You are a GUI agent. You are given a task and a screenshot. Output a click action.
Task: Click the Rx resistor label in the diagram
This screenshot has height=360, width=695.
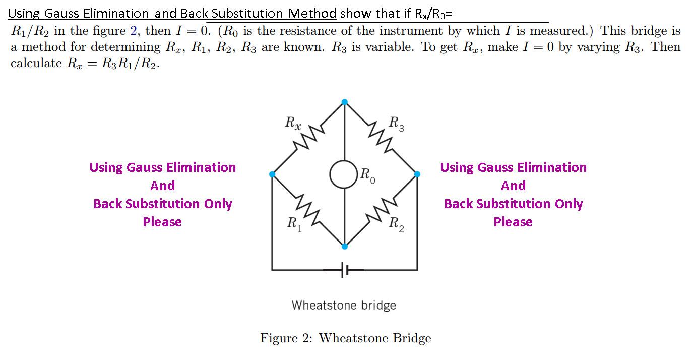click(x=293, y=123)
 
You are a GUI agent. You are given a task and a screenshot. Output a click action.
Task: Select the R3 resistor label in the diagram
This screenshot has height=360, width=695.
click(x=397, y=123)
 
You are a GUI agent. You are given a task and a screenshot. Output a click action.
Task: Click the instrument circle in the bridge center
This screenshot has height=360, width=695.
click(x=344, y=174)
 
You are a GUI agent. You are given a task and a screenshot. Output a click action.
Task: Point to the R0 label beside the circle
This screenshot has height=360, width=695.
click(x=368, y=176)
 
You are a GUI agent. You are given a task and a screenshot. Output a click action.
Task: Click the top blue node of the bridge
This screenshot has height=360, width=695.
click(x=344, y=102)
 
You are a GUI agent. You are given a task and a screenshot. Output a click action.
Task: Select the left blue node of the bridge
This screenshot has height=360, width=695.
click(x=272, y=174)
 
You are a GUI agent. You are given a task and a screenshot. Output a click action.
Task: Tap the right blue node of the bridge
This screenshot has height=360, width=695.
click(x=417, y=174)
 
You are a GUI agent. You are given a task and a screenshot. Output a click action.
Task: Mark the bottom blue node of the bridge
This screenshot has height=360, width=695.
click(x=344, y=247)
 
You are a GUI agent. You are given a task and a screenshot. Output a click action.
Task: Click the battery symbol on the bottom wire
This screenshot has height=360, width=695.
click(x=345, y=270)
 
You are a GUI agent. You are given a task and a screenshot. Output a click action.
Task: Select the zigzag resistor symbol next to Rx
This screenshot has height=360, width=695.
click(x=308, y=138)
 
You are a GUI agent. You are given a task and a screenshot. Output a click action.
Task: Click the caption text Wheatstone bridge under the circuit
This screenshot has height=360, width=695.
click(x=344, y=305)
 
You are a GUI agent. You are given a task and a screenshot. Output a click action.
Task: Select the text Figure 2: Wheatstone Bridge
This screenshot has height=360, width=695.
click(x=345, y=338)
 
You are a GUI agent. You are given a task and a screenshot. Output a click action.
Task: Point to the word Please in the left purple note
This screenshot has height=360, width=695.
click(x=162, y=222)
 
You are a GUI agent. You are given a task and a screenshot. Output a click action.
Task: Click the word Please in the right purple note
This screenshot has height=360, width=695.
click(x=513, y=222)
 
